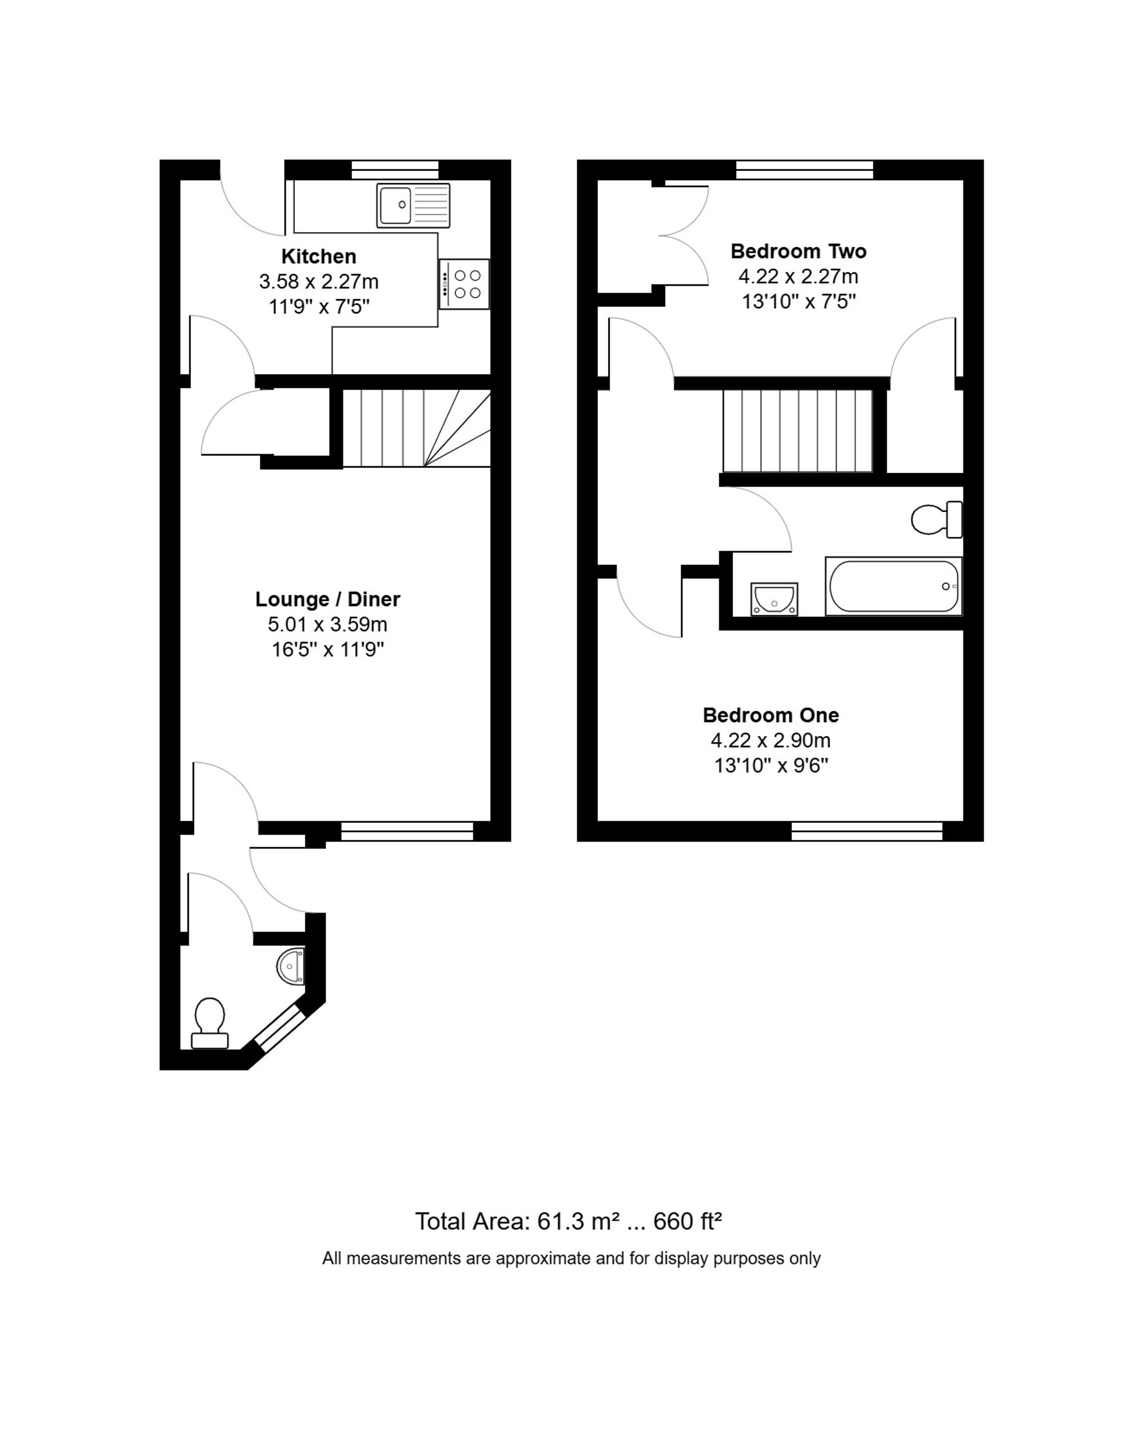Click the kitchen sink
pyautogui.click(x=413, y=205)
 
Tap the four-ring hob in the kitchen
pyautogui.click(x=465, y=284)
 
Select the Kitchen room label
pyautogui.click(x=318, y=257)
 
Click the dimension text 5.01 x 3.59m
pyautogui.click(x=327, y=625)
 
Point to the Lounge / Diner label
pyautogui.click(x=327, y=599)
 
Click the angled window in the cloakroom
pyautogui.click(x=280, y=1028)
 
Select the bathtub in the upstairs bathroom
pyautogui.click(x=893, y=586)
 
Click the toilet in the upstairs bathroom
pyautogui.click(x=935, y=520)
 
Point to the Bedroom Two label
pyautogui.click(x=798, y=251)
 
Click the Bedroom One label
pyautogui.click(x=770, y=715)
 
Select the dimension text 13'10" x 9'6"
pyautogui.click(x=770, y=766)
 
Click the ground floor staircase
pyautogui.click(x=417, y=428)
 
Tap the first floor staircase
pyautogui.click(x=798, y=431)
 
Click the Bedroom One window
pyautogui.click(x=866, y=831)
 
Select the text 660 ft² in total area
pyautogui.click(x=687, y=1222)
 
